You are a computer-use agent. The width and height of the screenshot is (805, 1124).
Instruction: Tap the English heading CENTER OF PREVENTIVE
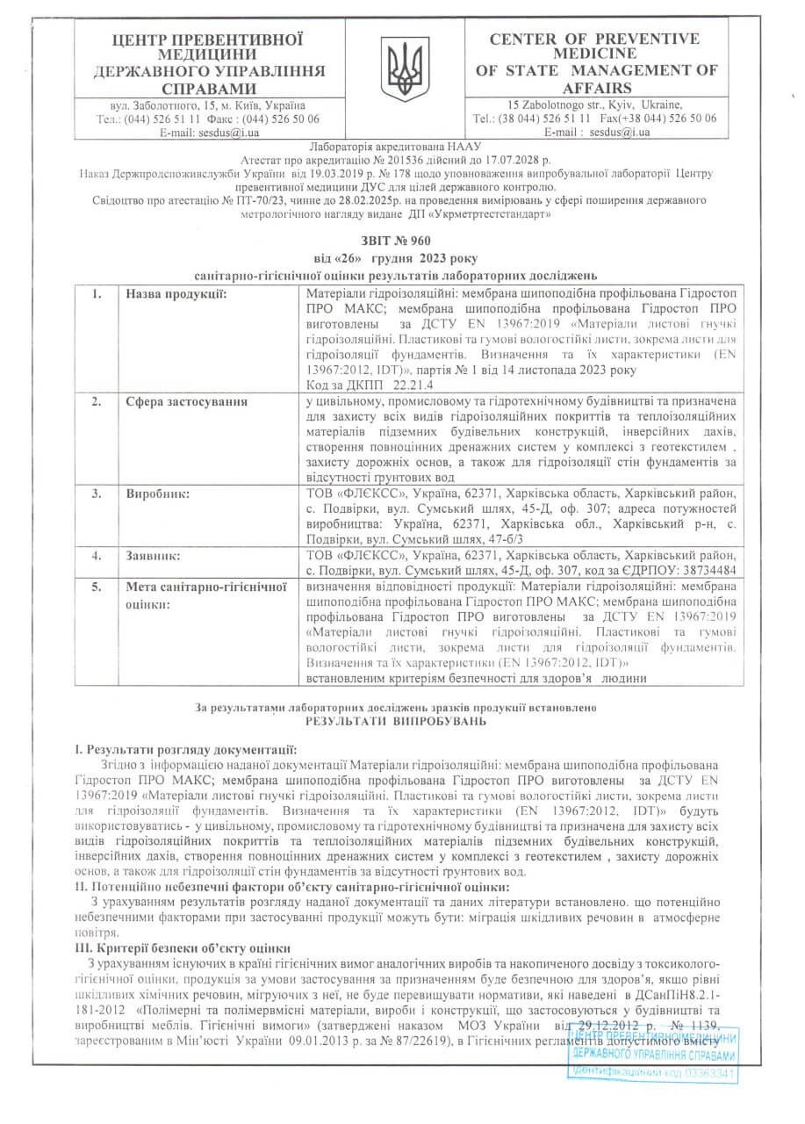594,39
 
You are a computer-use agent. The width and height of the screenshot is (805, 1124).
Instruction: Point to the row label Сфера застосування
186,401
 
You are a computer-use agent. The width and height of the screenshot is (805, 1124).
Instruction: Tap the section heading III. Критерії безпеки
183,948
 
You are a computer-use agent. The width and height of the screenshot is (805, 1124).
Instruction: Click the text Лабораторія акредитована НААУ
402,146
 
